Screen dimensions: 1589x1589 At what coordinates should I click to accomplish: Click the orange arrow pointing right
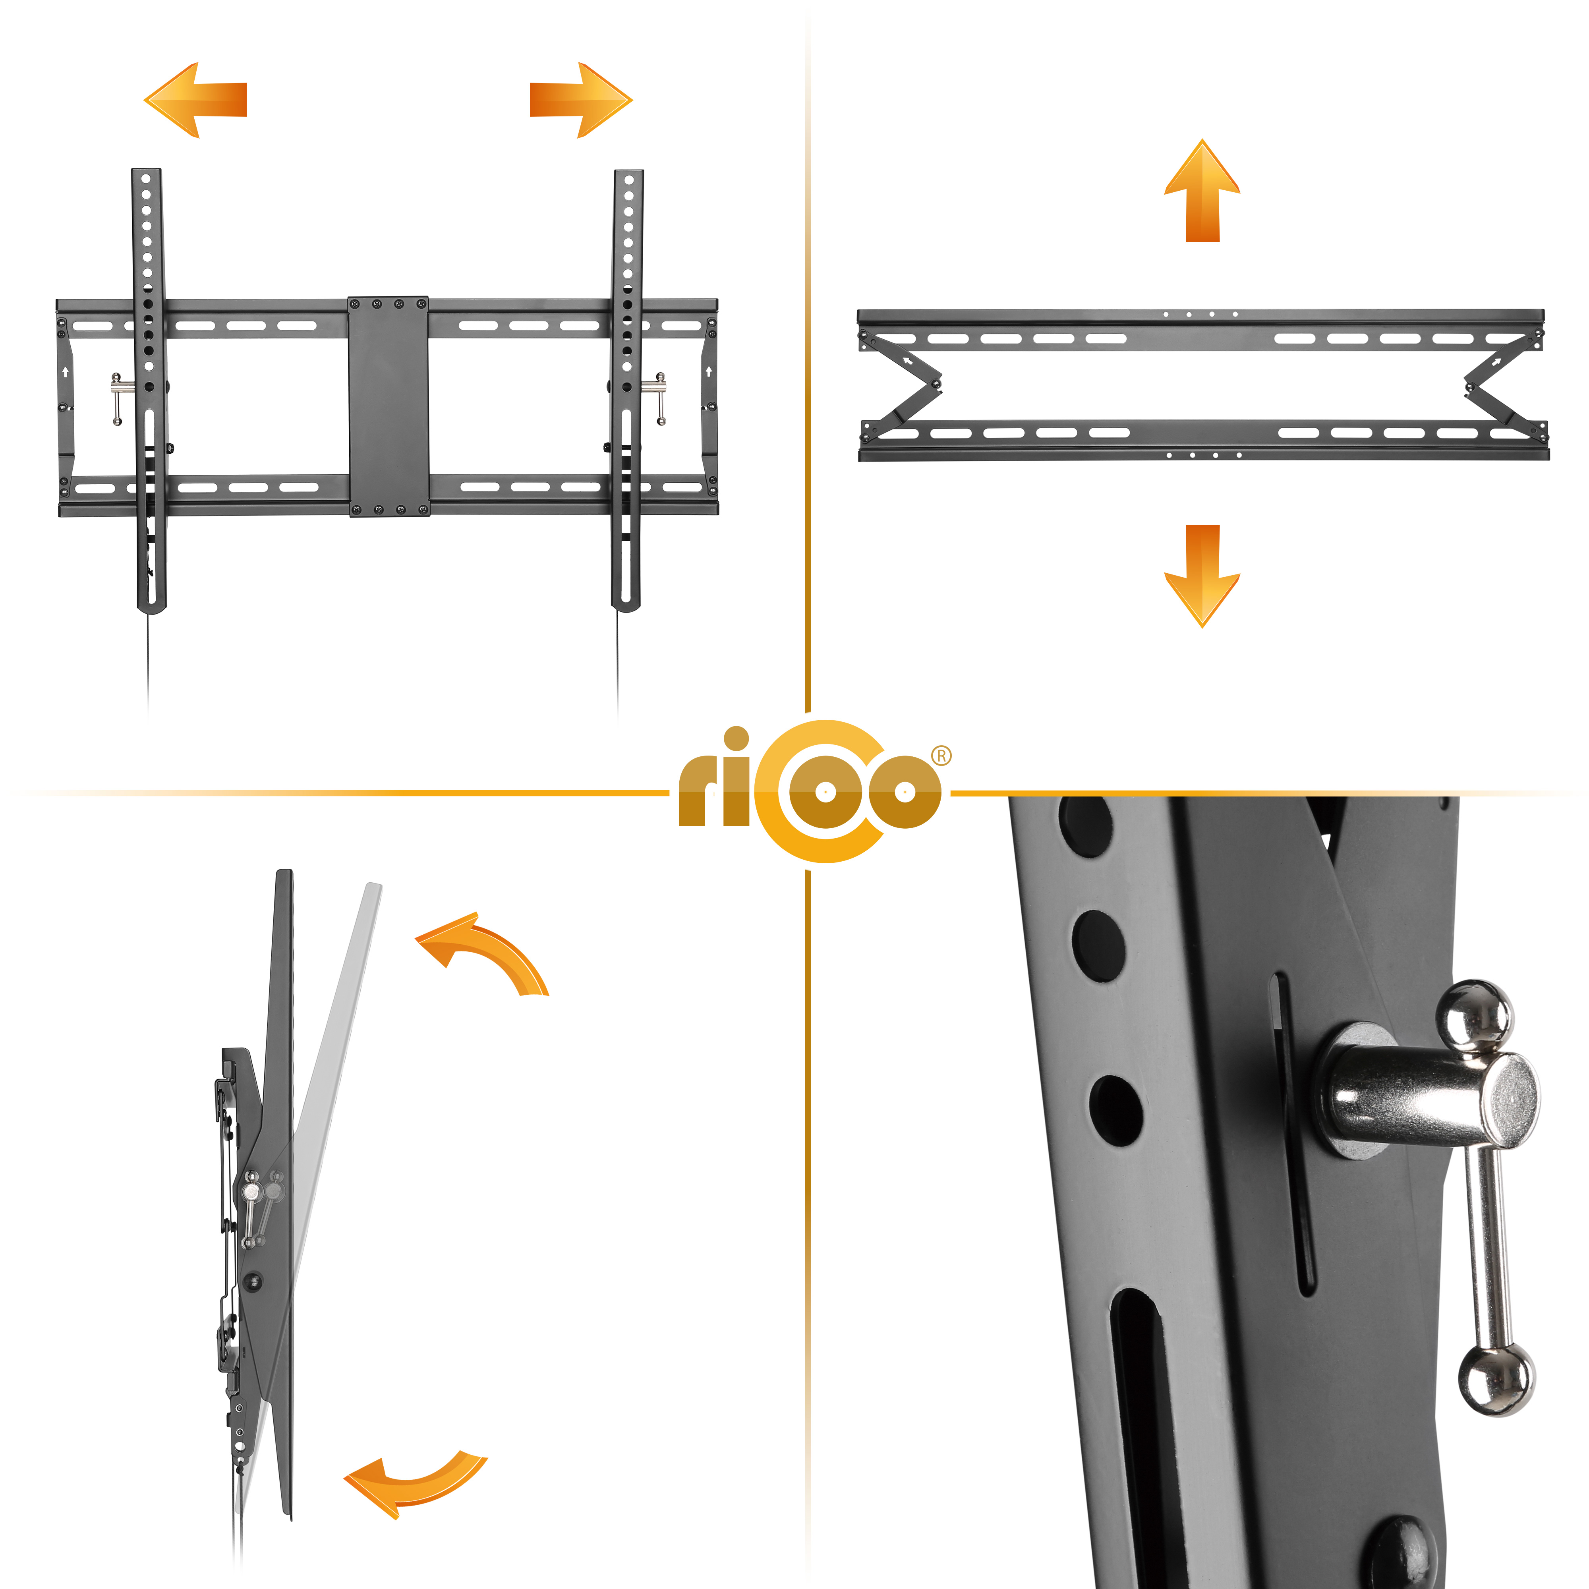pos(581,100)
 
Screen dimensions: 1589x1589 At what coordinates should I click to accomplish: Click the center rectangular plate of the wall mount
pos(388,406)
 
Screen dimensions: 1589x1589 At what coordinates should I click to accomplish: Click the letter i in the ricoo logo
pos(737,777)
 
